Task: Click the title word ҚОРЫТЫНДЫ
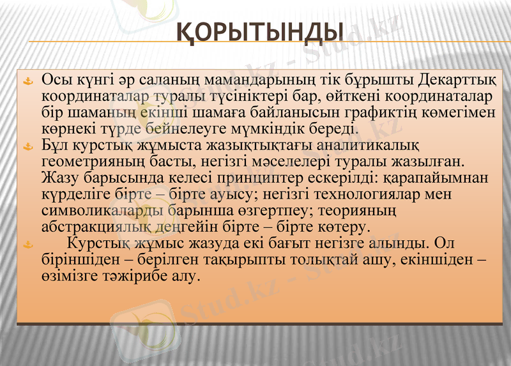pos(260,31)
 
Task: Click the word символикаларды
pos(102,210)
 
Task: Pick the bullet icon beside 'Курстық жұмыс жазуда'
pos(27,243)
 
